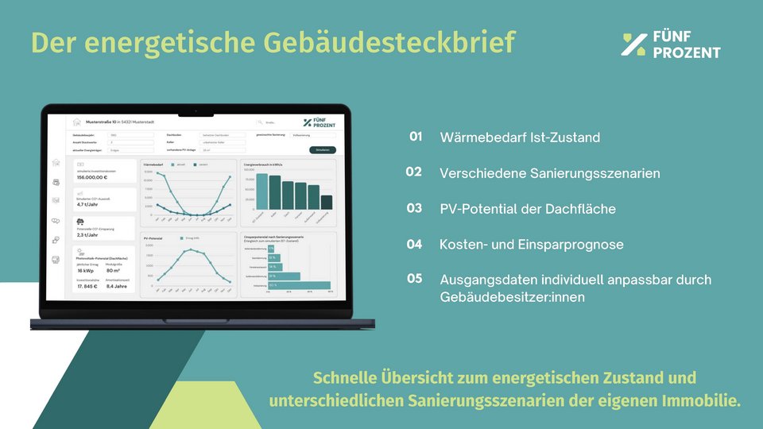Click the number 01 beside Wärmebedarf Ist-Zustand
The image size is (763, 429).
[x=416, y=137]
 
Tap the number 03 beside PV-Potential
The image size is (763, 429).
[x=414, y=208]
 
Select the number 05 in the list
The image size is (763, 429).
[x=414, y=279]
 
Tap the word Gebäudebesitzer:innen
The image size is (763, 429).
[x=512, y=297]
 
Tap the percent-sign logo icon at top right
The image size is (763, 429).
[x=633, y=45]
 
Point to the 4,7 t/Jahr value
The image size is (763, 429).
[x=87, y=204]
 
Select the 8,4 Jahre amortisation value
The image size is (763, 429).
[x=118, y=287]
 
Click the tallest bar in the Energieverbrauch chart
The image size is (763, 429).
[x=261, y=191]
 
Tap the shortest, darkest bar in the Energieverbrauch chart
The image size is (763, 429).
[x=326, y=202]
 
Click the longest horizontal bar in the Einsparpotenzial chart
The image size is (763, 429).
[x=299, y=285]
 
